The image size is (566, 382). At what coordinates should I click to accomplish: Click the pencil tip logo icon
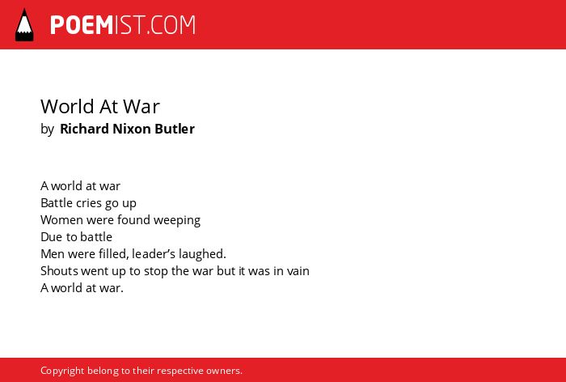24,24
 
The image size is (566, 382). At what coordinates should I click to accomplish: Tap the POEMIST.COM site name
123,25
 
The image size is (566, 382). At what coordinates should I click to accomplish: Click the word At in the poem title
108,106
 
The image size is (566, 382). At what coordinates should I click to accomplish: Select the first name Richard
84,129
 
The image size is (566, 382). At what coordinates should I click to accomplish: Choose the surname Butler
175,129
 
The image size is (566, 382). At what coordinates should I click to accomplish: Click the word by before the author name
47,129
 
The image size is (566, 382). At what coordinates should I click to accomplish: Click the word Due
51,237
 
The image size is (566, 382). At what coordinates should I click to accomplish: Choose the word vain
298,271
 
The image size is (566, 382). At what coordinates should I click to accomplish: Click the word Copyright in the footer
62,371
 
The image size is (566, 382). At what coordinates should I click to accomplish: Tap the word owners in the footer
222,371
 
